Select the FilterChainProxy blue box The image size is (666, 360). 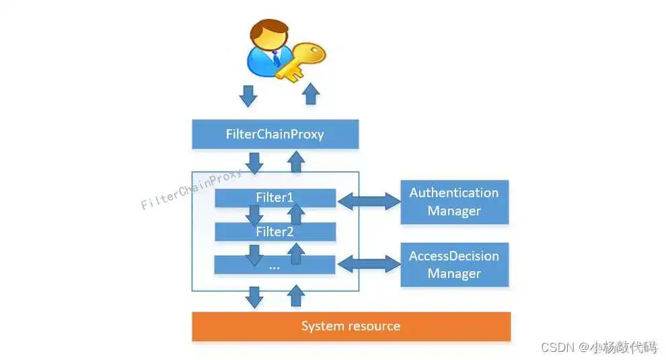[274, 135]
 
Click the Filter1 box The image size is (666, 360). [274, 198]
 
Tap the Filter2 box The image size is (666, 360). [274, 232]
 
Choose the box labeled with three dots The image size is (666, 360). [274, 266]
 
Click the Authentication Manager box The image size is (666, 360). [454, 202]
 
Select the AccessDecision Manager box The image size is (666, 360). [454, 265]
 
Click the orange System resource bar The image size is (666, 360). [350, 326]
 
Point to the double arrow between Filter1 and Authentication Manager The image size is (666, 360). [368, 199]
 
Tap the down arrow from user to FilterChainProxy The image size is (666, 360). [249, 96]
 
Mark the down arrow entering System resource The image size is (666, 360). [255, 297]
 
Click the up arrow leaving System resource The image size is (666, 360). [295, 296]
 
